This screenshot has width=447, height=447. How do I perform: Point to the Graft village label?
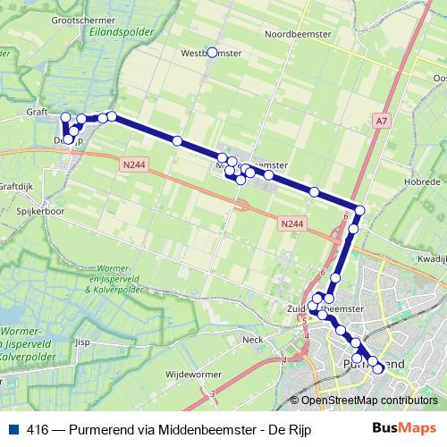[x=37, y=113]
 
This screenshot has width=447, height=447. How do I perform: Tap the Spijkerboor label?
[x=40, y=212]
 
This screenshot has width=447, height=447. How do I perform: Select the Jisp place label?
[x=82, y=341]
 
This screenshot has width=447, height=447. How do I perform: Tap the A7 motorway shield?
[x=383, y=121]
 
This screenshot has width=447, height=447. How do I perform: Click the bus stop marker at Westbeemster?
[x=212, y=53]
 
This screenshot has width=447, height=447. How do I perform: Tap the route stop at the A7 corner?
[x=359, y=211]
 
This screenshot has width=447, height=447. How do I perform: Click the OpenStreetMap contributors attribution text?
[x=368, y=401]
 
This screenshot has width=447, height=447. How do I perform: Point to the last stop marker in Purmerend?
[x=377, y=368]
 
